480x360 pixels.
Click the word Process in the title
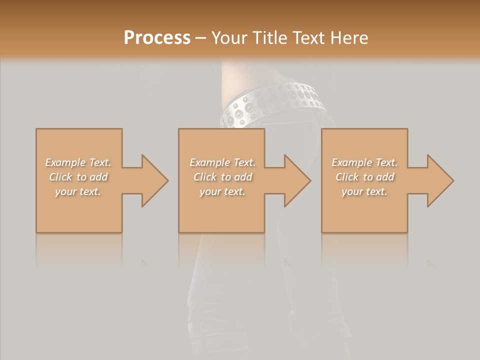(157, 38)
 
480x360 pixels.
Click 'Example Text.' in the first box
(78, 162)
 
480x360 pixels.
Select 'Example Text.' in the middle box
(222, 162)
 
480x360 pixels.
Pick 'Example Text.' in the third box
(364, 162)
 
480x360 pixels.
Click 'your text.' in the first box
(78, 191)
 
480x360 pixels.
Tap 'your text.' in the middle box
(222, 191)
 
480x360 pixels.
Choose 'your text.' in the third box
(364, 191)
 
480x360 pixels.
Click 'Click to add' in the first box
(78, 177)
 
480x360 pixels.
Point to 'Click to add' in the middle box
(222, 177)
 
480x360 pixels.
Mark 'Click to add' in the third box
(364, 177)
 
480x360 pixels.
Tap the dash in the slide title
(200, 38)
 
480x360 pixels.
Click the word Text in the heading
(307, 38)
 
